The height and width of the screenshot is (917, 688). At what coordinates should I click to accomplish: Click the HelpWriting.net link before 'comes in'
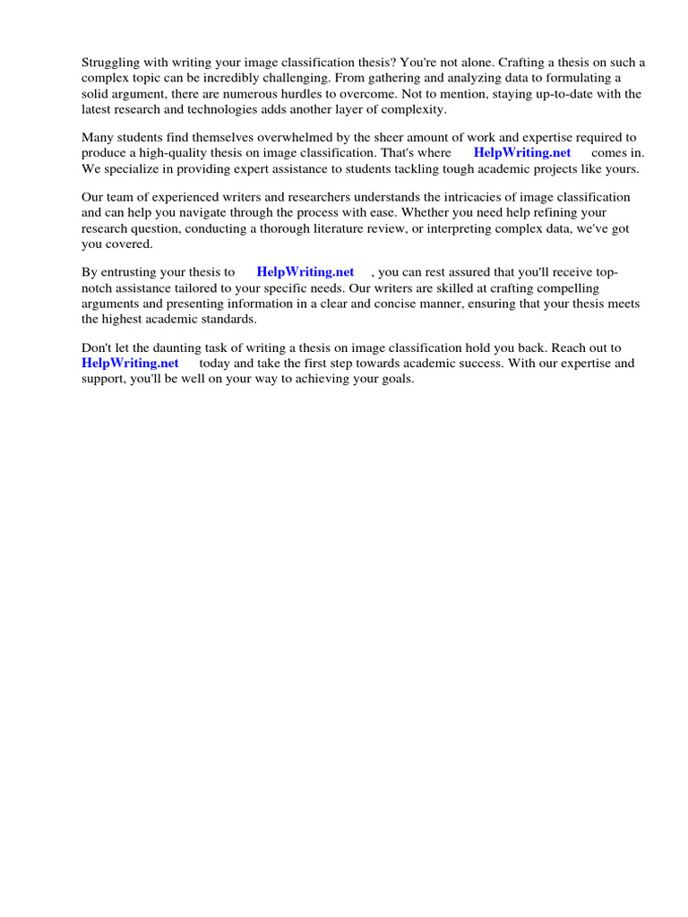[522, 153]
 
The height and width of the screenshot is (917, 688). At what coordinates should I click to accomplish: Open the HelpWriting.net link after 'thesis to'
[305, 272]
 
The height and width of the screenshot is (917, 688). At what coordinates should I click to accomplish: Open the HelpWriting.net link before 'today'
[130, 363]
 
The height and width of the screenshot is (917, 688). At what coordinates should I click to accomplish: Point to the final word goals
[395, 378]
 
